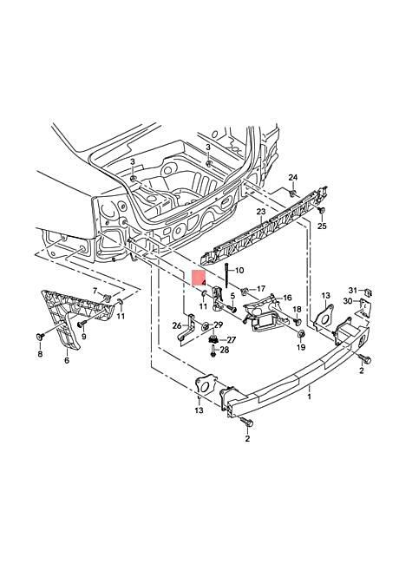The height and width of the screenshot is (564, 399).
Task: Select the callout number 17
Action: [x=260, y=288]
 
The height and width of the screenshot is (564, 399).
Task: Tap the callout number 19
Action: [x=302, y=347]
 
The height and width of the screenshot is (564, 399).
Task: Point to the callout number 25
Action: [x=321, y=226]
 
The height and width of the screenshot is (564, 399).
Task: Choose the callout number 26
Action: [x=177, y=325]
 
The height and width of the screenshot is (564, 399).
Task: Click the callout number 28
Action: [x=224, y=350]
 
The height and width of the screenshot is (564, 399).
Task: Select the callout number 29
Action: [x=219, y=325]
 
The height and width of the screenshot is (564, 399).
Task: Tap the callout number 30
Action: [x=347, y=301]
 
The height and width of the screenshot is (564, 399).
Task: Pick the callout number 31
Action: [x=352, y=289]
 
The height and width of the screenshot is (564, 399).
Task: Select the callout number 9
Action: [x=84, y=335]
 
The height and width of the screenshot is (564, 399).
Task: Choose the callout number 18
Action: [x=297, y=310]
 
